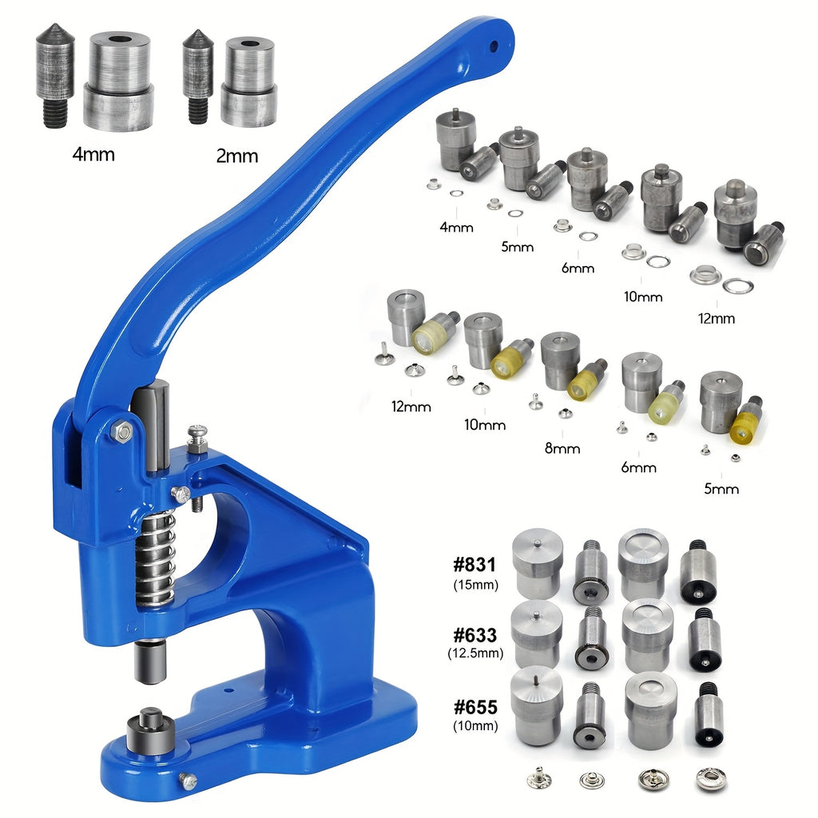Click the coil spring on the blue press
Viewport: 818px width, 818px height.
(x=155, y=558)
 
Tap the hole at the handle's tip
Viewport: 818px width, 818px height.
(x=494, y=46)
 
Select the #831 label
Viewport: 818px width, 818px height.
(x=475, y=565)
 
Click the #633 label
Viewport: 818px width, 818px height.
(x=475, y=635)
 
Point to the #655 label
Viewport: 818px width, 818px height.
(x=475, y=707)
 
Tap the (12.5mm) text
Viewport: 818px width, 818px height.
(x=475, y=653)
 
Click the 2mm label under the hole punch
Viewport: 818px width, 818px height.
(x=236, y=156)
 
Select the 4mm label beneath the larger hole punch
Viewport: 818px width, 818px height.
(x=93, y=154)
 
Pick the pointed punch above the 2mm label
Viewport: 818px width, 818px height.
(x=198, y=76)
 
